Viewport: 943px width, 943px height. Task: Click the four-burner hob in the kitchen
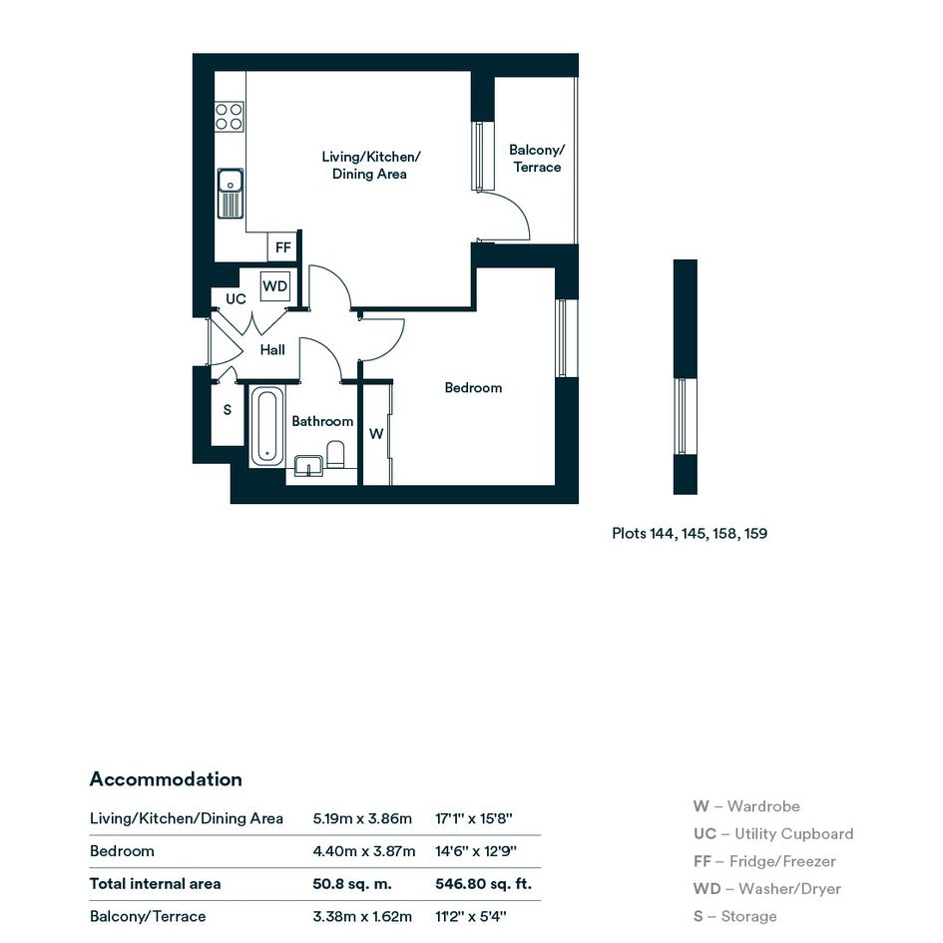(230, 117)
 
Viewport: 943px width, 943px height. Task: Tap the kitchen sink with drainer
(230, 193)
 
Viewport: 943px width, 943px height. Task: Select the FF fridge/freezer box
(282, 247)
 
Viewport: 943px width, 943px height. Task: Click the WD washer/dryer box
(274, 286)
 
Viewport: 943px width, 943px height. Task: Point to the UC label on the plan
(236, 299)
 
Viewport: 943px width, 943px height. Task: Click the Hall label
(272, 350)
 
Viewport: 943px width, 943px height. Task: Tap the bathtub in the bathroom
(267, 426)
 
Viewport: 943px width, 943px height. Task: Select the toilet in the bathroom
(335, 455)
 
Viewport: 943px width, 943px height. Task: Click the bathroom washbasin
(308, 466)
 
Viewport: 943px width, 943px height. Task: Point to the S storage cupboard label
(228, 410)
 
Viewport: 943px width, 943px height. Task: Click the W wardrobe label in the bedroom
(376, 434)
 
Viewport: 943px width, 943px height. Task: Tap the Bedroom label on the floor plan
(473, 388)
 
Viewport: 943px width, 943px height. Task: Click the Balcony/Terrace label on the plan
(537, 159)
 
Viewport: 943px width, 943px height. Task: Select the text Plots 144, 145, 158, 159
(690, 534)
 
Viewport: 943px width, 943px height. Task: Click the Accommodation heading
(166, 779)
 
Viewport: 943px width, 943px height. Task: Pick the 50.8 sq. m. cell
(352, 884)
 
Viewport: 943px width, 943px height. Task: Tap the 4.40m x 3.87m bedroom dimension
(364, 851)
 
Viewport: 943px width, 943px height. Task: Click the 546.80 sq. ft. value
(484, 884)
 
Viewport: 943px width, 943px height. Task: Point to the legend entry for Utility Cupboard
(772, 834)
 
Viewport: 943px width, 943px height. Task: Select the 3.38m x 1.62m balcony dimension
(362, 917)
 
